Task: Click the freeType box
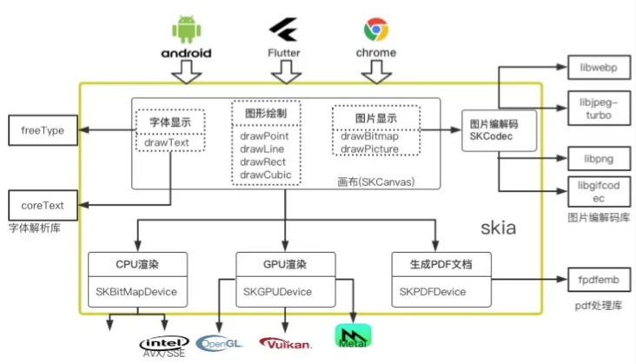click(x=42, y=131)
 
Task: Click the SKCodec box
click(x=493, y=130)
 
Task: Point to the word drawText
click(x=169, y=142)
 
